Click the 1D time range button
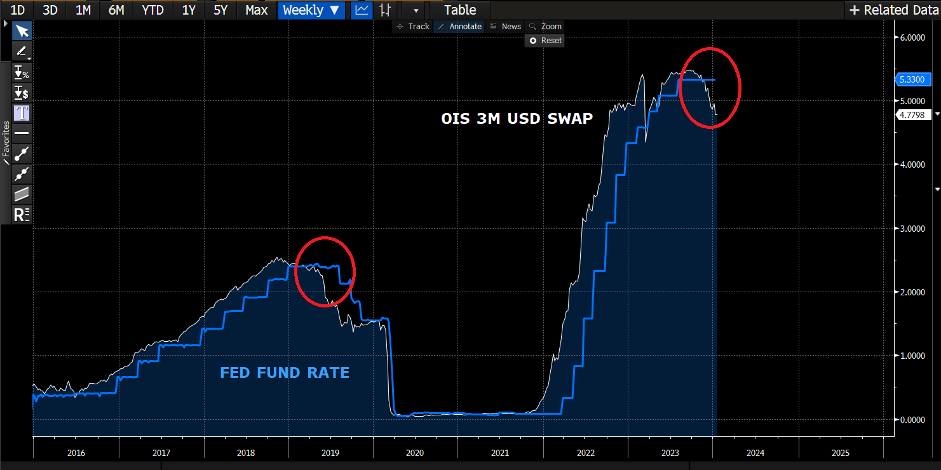(18, 10)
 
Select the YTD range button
(152, 10)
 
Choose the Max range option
(257, 10)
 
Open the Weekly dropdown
(311, 10)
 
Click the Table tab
(460, 10)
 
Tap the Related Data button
(893, 10)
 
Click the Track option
(413, 27)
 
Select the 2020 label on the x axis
(415, 453)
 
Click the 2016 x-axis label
(75, 453)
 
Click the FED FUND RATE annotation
(285, 373)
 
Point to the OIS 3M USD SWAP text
(517, 119)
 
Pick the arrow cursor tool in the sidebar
(22, 31)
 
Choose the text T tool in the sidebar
(22, 113)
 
